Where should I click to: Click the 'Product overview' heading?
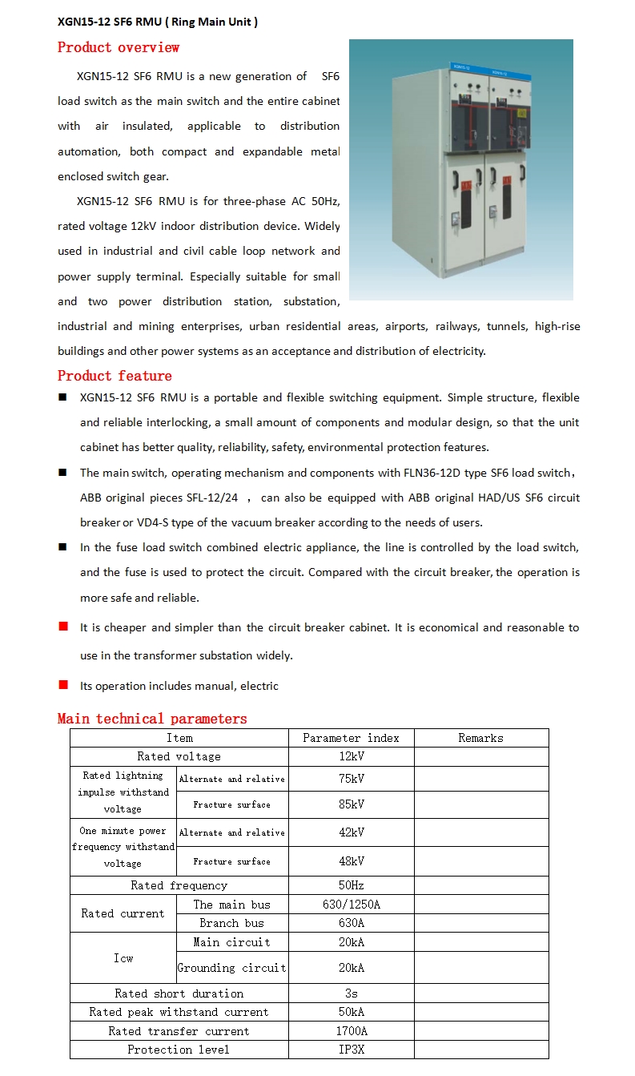119,48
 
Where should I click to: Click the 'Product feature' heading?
115,376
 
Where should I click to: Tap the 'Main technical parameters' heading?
152,719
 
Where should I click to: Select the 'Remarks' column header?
480,738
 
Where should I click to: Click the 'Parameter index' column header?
351,738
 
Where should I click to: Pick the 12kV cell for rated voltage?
351,756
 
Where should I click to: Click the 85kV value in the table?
351,804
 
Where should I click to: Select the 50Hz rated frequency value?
351,885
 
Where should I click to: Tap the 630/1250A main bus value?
351,905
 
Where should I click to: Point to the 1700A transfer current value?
351,1031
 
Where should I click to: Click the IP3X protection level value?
351,1050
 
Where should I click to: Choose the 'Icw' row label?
123,958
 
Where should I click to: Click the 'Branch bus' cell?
231,923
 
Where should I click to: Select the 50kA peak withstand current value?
351,1012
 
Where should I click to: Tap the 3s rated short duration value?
351,993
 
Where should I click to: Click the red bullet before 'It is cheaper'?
63,627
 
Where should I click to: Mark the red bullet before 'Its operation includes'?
63,685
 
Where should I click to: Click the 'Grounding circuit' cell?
231,968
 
